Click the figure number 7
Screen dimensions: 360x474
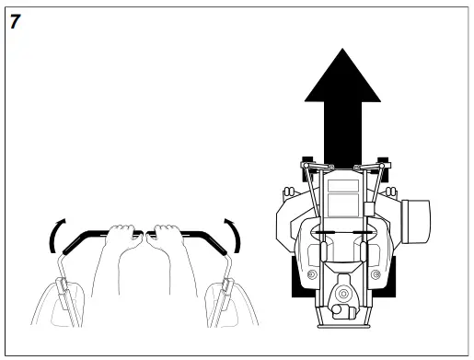tap(15, 21)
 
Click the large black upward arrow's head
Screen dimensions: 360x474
tap(341, 77)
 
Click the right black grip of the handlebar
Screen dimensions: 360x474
tap(207, 238)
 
